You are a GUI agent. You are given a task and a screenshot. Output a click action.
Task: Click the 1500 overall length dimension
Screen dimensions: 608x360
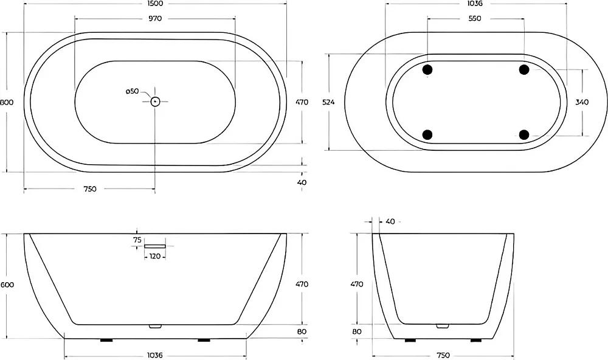pyautogui.click(x=154, y=4)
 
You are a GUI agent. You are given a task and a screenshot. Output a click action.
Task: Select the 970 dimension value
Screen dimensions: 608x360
pyautogui.click(x=154, y=18)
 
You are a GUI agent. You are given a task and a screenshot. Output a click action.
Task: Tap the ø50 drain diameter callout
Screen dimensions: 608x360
pyautogui.click(x=132, y=91)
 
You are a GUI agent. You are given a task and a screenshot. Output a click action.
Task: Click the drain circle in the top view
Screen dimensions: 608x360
pyautogui.click(x=155, y=102)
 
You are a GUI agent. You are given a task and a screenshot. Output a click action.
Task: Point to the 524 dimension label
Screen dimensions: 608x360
pyautogui.click(x=328, y=102)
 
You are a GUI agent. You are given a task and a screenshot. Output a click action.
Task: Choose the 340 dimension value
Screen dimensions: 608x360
pyautogui.click(x=582, y=102)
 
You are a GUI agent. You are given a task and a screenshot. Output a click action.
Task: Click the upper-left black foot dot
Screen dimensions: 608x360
pyautogui.click(x=427, y=70)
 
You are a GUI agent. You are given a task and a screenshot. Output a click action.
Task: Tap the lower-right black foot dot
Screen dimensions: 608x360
pyautogui.click(x=524, y=134)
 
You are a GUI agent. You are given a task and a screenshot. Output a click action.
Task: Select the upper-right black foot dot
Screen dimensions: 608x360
pyautogui.click(x=524, y=70)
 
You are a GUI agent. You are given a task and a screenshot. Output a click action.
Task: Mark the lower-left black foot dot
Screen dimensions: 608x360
pyautogui.click(x=427, y=134)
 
